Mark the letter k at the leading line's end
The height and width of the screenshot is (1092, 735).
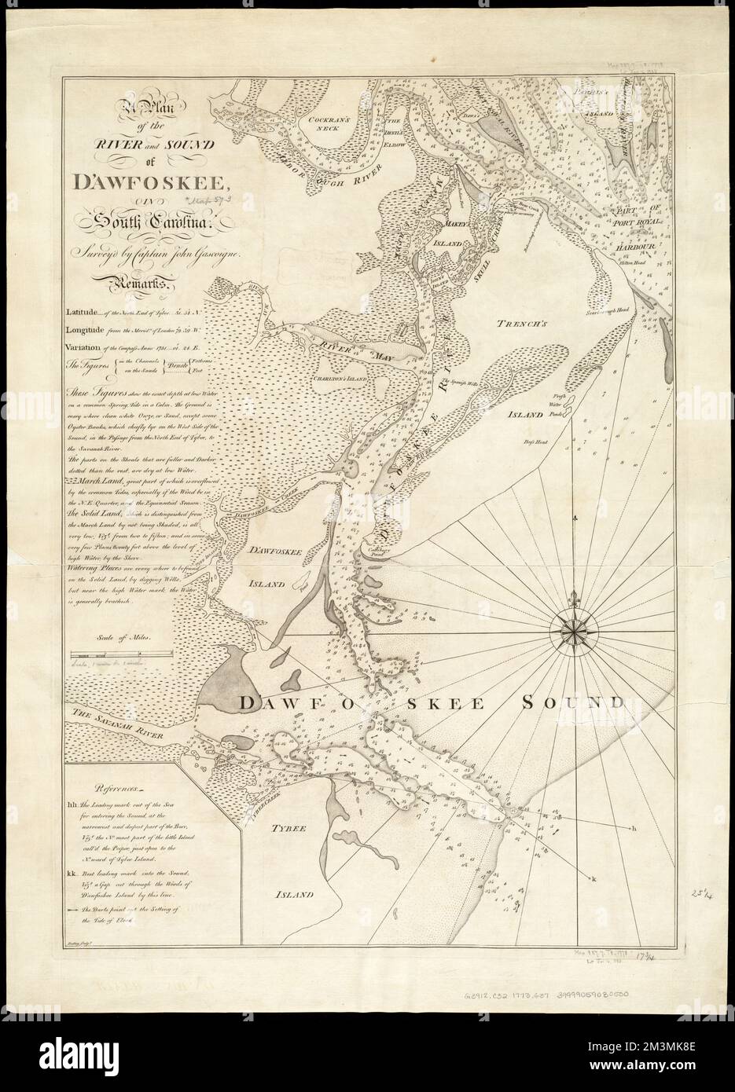(x=594, y=878)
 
